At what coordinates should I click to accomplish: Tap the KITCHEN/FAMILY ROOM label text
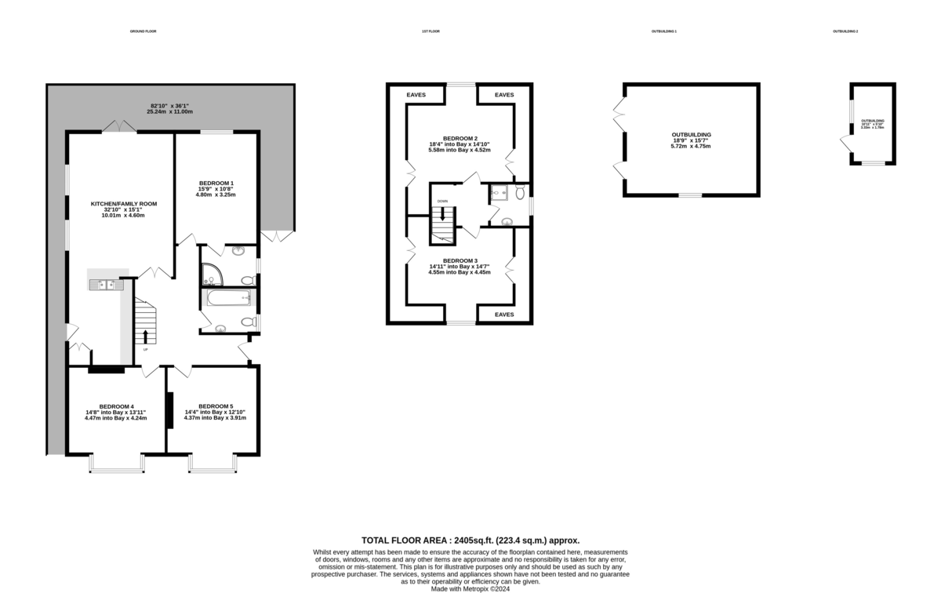coord(124,203)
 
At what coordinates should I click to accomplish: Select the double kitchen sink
coord(107,285)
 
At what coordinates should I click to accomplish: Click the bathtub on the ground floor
coord(228,298)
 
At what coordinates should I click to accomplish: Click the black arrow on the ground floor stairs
coord(145,336)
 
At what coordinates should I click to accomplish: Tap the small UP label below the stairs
coord(145,349)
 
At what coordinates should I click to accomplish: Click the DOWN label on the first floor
coord(442,202)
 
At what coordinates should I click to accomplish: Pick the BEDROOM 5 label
coord(215,406)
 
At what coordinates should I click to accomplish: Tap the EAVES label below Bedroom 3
coord(504,314)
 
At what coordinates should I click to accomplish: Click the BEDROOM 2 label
coord(460,137)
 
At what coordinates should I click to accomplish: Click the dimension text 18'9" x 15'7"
coord(691,140)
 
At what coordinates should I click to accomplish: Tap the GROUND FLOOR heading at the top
coord(144,31)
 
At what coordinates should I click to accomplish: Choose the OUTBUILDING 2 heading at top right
coord(845,31)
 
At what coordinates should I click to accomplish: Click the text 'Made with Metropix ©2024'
coord(470,588)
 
